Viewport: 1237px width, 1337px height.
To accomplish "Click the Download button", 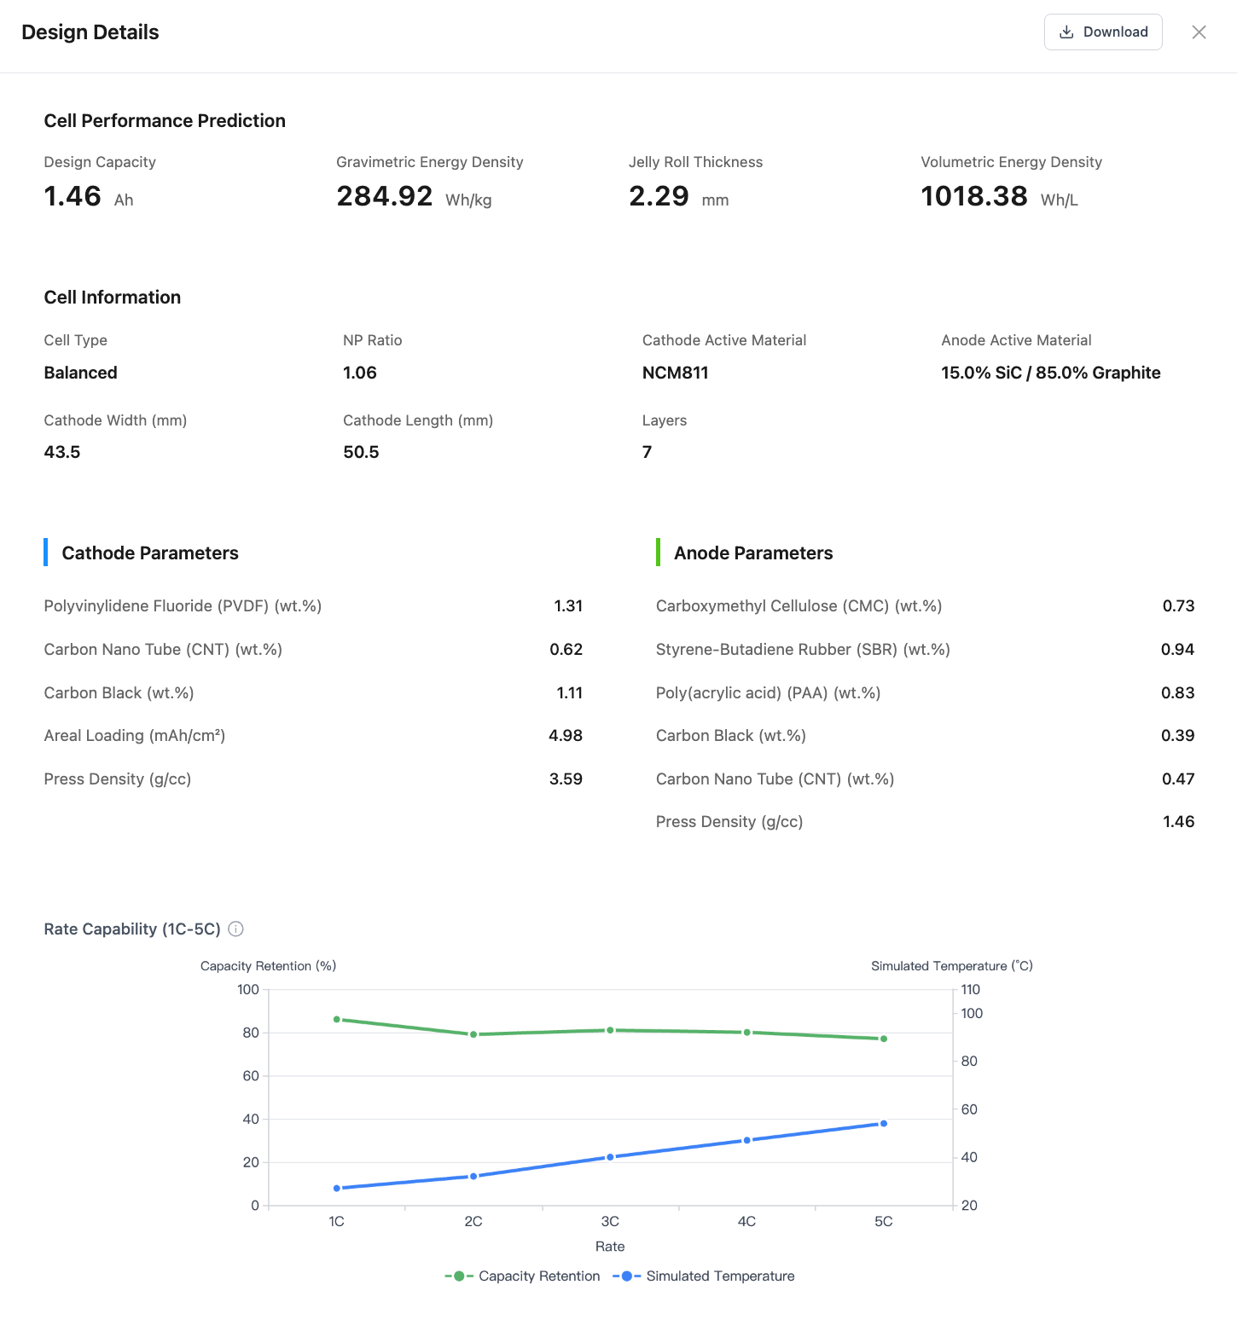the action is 1103,32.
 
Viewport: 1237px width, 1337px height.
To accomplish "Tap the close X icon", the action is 1199,32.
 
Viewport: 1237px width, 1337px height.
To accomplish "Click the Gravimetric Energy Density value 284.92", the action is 385,196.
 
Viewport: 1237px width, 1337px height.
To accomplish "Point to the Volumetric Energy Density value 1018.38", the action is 974,196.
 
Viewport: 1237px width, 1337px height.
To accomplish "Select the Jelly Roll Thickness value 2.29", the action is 659,196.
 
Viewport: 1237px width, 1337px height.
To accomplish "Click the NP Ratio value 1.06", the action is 360,373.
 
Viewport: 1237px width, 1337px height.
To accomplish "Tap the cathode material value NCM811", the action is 676,373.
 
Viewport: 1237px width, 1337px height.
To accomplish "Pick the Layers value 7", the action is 648,452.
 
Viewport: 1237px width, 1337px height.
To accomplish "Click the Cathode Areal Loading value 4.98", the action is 566,736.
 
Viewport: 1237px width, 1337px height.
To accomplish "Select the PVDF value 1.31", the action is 568,606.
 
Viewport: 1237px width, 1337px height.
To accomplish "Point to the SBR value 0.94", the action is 1177,650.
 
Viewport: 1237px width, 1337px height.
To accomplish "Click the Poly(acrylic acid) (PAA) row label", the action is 768,693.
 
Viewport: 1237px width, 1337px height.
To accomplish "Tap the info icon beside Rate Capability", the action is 236,929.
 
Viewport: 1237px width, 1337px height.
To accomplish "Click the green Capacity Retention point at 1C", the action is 337,1019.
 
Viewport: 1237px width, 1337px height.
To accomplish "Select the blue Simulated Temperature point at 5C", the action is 884,1124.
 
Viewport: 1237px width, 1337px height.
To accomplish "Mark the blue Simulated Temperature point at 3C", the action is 610,1157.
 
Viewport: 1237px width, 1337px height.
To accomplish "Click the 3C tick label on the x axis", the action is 610,1222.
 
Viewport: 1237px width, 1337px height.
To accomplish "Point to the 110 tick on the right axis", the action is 971,990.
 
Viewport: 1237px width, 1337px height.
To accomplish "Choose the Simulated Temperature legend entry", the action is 705,1276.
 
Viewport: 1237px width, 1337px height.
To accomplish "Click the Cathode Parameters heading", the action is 150,553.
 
